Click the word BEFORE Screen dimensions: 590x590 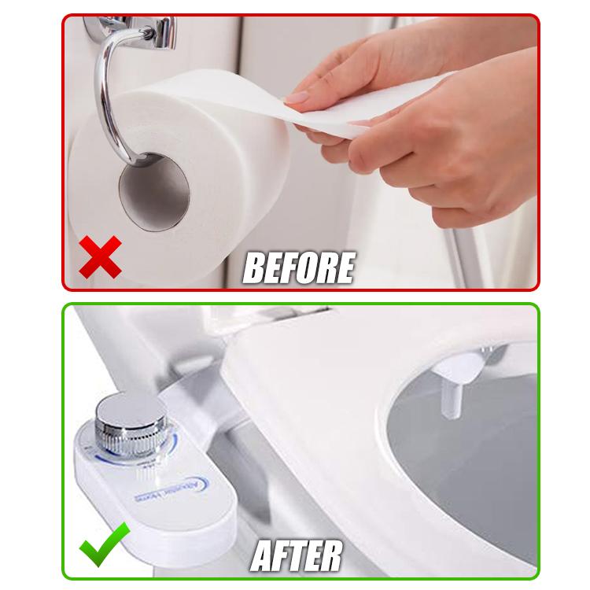click(298, 267)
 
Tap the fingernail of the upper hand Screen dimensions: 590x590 click(297, 98)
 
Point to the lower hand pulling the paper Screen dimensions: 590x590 click(441, 157)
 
